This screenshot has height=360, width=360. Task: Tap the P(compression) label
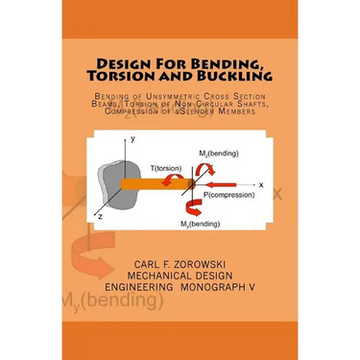tap(227, 197)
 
